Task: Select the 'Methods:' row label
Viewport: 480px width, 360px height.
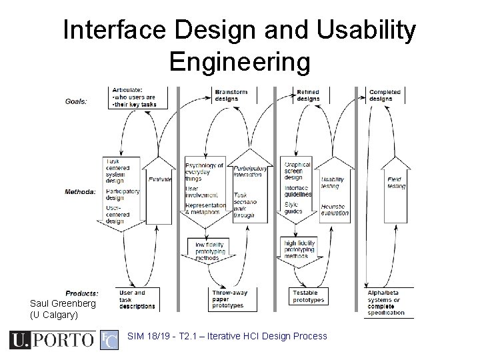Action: pyautogui.click(x=81, y=192)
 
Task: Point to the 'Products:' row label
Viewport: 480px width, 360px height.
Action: pyautogui.click(x=82, y=293)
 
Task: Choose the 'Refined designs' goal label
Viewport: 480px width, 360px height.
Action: pyautogui.click(x=308, y=95)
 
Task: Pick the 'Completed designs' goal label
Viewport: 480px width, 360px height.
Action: pyautogui.click(x=385, y=95)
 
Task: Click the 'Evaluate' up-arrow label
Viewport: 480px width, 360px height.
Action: pyautogui.click(x=161, y=179)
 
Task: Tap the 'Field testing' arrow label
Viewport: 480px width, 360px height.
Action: pyautogui.click(x=396, y=182)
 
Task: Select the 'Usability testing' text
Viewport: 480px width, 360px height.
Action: pyautogui.click(x=332, y=182)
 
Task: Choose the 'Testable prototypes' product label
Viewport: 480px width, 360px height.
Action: pyautogui.click(x=308, y=296)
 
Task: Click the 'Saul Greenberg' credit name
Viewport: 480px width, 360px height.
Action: pyautogui.click(x=63, y=303)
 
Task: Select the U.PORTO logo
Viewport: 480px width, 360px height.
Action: pyautogui.click(x=52, y=340)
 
